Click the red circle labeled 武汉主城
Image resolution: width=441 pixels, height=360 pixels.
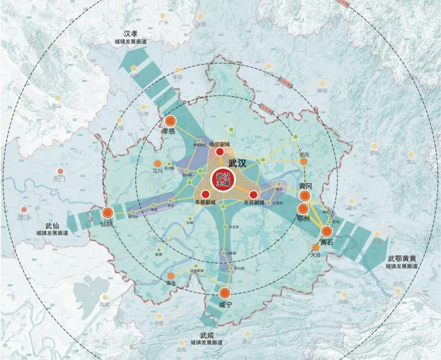click(x=223, y=179)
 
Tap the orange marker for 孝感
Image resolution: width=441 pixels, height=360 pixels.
click(x=170, y=121)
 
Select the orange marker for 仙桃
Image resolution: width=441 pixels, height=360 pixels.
click(x=108, y=213)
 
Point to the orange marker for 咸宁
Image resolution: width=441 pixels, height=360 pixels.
click(x=225, y=293)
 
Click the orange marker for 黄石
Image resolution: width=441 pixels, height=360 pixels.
click(x=327, y=231)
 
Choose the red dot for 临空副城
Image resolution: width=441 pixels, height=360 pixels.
click(x=220, y=152)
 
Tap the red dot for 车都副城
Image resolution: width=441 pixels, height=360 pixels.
click(x=206, y=194)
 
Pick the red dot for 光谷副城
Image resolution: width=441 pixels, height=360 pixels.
click(x=253, y=194)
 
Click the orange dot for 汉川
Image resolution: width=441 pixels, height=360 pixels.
click(x=158, y=164)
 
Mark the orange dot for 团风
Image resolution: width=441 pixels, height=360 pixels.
click(x=304, y=162)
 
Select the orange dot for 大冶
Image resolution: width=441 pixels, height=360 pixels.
click(x=316, y=248)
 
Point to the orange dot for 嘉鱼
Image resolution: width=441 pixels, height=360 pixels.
click(x=171, y=276)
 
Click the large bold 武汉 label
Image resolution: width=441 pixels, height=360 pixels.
click(x=237, y=163)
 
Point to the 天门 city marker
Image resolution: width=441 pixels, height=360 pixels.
click(x=60, y=171)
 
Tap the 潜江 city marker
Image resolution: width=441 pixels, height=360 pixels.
click(x=24, y=209)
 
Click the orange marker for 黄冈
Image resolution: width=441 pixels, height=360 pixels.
click(x=305, y=195)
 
